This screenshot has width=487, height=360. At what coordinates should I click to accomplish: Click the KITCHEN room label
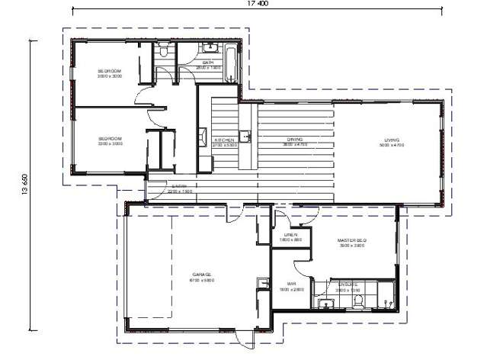click(x=224, y=140)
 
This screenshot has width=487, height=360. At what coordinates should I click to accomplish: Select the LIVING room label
click(x=392, y=140)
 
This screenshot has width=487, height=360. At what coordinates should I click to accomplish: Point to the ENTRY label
click(x=180, y=186)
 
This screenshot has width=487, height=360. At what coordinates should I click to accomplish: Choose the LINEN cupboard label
click(x=290, y=235)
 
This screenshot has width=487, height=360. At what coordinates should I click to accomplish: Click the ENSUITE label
click(x=339, y=285)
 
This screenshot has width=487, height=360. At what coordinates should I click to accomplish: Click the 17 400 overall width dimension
click(x=258, y=4)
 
